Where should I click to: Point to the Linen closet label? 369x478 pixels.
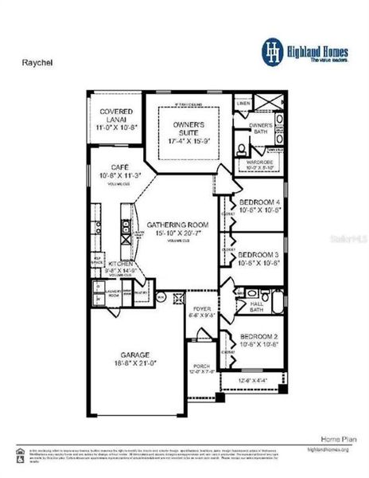(243, 104)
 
